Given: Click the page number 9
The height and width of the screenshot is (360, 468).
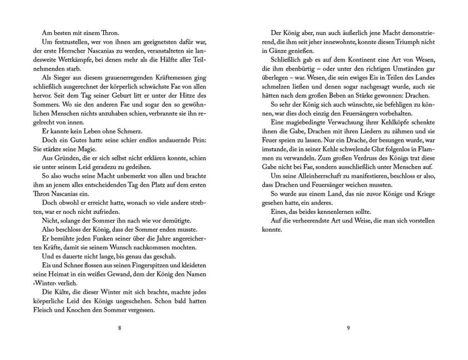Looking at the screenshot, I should coord(348,327).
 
